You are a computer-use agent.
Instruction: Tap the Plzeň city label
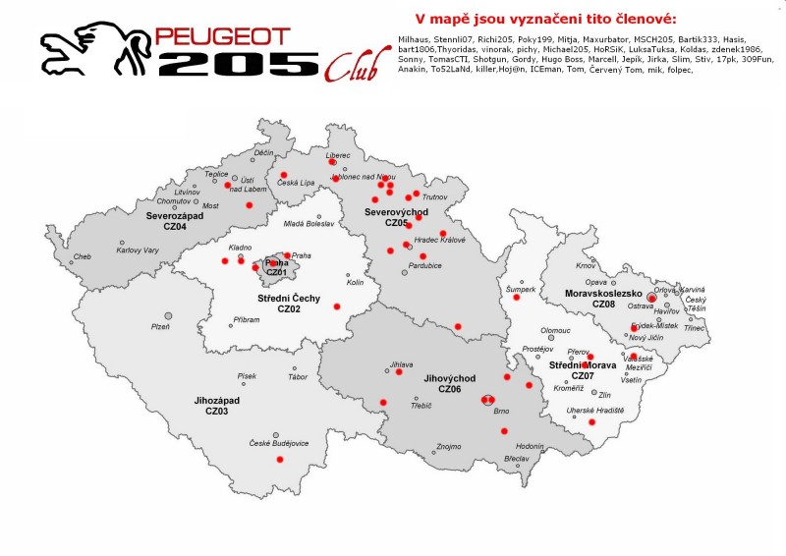point(160,326)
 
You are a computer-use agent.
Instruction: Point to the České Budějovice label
point(278,443)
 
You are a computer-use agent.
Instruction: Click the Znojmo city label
point(448,446)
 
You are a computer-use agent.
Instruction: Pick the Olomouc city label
point(555,330)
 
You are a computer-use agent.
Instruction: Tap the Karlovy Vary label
point(138,250)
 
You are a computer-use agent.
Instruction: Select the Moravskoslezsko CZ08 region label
point(603,299)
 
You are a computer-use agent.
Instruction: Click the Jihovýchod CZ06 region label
point(450,383)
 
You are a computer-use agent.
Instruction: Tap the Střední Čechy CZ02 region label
point(288,303)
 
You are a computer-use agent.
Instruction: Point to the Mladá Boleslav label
point(309,224)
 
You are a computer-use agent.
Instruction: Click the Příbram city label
point(247,319)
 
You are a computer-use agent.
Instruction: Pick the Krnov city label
point(587,266)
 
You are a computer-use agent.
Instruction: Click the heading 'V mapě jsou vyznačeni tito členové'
point(546,19)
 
